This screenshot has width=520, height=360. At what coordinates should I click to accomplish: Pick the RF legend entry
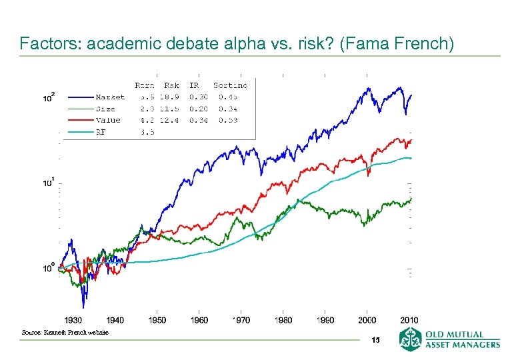coord(101,131)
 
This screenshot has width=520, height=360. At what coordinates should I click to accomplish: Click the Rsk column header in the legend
coord(171,85)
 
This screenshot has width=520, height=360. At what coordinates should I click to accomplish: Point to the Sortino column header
coord(230,85)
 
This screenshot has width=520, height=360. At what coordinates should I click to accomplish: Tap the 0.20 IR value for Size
coord(198,109)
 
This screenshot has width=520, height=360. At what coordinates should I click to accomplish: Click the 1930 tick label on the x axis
coord(73,321)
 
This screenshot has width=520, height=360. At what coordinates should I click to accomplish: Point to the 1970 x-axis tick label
coord(241,321)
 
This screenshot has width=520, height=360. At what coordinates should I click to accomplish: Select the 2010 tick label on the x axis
coord(409,321)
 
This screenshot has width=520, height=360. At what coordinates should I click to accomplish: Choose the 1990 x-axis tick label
coord(325,321)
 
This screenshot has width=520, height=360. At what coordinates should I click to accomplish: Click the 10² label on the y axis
coord(49,97)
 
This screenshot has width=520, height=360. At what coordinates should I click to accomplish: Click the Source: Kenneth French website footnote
coord(65,332)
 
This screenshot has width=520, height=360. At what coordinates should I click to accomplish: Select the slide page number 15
coord(376,340)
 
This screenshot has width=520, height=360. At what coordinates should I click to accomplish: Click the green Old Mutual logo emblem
coord(410,339)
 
